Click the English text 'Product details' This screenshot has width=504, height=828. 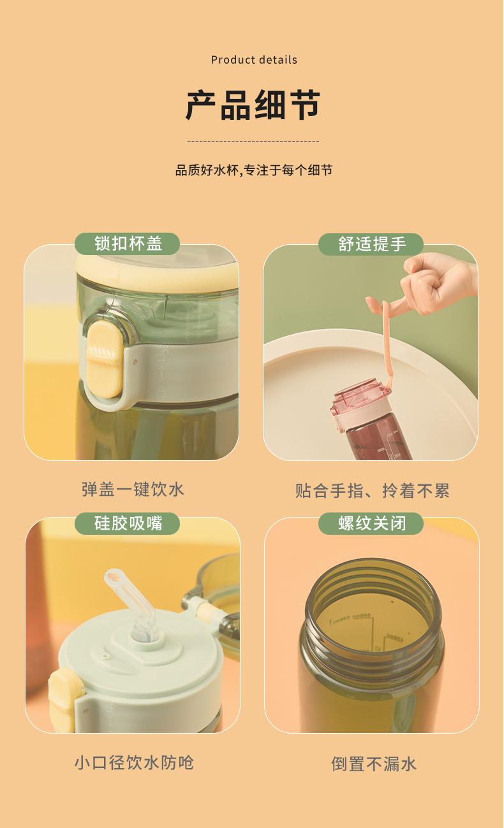point(254,60)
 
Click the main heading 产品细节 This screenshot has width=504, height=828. point(253,105)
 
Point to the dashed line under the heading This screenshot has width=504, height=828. point(253,142)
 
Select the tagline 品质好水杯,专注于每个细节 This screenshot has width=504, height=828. point(254,170)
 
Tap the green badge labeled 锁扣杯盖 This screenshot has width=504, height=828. point(128,243)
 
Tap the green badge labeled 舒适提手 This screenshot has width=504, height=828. point(371,243)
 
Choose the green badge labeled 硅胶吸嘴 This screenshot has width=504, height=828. point(128,523)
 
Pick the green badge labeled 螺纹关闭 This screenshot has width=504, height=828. point(371,523)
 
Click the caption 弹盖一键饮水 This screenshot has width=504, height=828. point(133,489)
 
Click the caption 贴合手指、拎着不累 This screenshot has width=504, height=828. point(372,490)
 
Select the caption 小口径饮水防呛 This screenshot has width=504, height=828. point(134,762)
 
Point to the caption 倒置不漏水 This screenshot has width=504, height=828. point(373,764)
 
